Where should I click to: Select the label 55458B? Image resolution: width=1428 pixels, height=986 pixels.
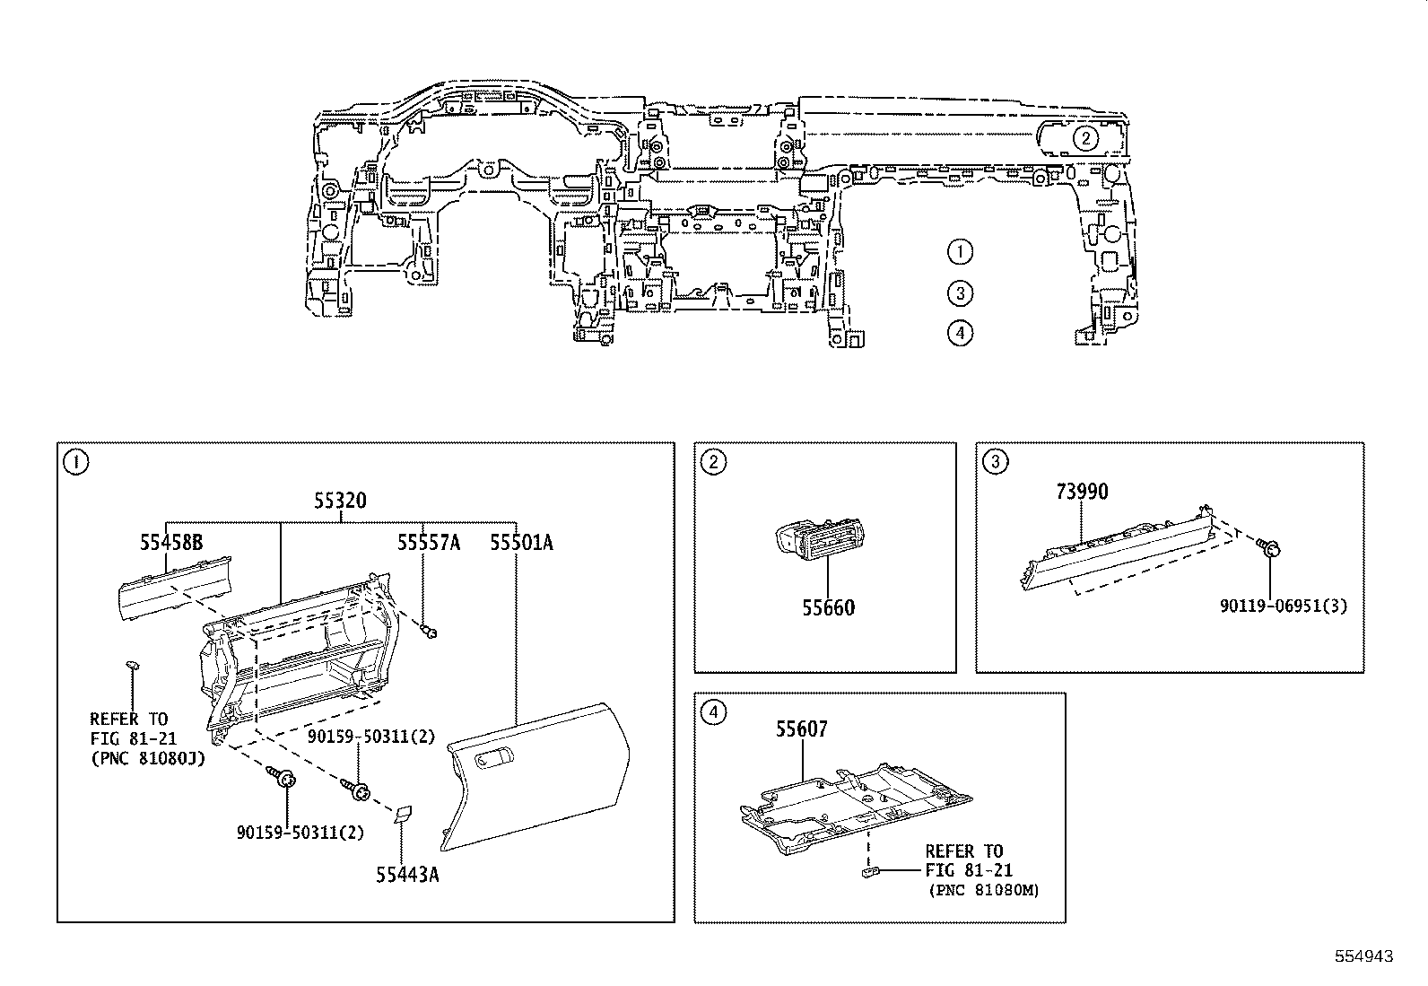point(170,542)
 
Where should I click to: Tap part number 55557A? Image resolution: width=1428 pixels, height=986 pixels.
point(429,542)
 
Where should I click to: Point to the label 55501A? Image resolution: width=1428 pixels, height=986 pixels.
point(521,542)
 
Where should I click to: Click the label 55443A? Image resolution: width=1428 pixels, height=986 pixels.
point(407,874)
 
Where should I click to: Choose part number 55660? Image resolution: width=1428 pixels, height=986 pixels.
point(828,607)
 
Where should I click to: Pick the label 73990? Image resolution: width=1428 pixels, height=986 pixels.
point(1081,492)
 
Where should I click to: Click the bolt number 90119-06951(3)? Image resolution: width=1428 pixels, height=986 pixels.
point(1284,606)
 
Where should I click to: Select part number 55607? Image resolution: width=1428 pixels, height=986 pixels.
point(801,729)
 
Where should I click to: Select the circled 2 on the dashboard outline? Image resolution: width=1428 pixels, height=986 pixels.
point(1085,138)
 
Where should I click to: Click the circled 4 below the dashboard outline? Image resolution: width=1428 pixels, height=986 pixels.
point(960,333)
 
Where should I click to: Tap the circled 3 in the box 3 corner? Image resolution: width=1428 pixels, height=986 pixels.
point(996,462)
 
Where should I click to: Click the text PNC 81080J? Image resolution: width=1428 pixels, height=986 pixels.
point(147,759)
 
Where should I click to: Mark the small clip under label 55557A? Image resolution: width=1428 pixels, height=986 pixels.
point(430,633)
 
